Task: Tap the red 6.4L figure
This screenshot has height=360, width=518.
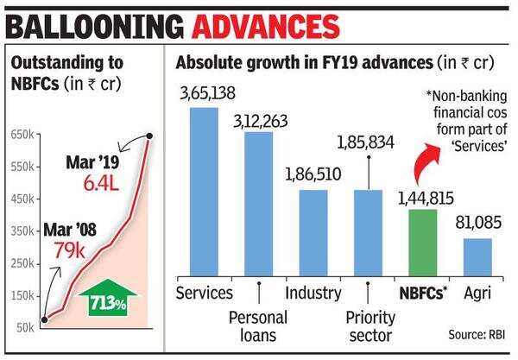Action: tap(101, 182)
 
